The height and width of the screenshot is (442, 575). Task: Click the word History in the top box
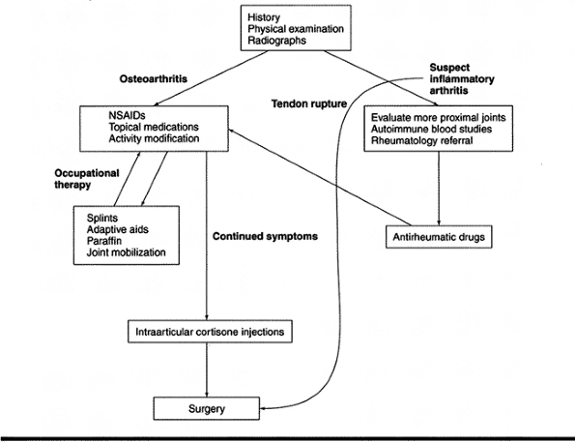(x=264, y=17)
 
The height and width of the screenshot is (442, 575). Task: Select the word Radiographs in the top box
(x=276, y=41)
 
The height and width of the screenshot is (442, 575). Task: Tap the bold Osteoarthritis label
(x=154, y=79)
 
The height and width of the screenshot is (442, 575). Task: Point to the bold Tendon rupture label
(x=309, y=104)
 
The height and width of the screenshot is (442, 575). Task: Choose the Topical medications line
(x=154, y=127)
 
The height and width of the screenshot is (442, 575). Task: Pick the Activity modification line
(x=154, y=138)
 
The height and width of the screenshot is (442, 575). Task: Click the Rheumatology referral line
(x=421, y=140)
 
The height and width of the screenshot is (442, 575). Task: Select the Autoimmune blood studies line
(x=431, y=130)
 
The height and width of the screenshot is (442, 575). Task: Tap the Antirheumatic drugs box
(x=439, y=237)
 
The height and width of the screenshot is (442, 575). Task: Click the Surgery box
(x=207, y=408)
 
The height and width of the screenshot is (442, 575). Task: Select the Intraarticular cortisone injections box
(x=210, y=332)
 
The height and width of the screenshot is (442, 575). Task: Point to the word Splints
(x=102, y=218)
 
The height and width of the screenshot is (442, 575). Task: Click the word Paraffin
(x=104, y=241)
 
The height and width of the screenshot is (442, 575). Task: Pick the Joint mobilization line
(x=127, y=252)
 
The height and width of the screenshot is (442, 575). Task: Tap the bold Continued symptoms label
(x=265, y=236)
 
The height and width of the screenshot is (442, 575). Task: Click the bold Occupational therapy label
(x=87, y=179)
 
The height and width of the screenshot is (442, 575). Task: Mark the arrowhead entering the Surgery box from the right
(x=263, y=408)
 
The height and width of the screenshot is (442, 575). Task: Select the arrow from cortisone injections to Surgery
(x=207, y=370)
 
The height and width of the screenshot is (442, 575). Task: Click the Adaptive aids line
(x=118, y=230)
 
